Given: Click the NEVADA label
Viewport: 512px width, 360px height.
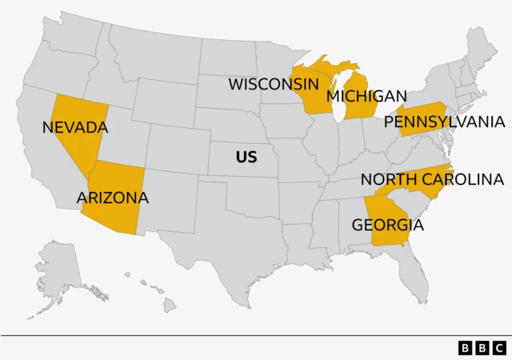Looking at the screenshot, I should pos(74,127).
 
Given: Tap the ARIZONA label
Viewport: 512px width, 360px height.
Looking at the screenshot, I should pos(113,197).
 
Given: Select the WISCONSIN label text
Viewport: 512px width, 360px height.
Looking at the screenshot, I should pos(274,84).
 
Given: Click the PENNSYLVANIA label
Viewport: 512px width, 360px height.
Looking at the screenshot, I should pos(444,122).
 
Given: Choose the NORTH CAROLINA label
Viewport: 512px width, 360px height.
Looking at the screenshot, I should pos(431,179).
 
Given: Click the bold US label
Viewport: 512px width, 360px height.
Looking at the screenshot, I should pos(246,157).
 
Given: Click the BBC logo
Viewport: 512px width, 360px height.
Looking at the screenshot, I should pos(482,348).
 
